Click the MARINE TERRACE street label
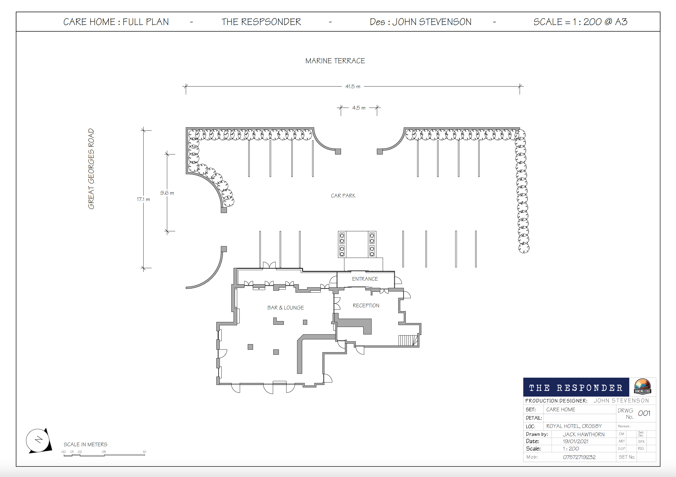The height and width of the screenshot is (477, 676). [335, 61]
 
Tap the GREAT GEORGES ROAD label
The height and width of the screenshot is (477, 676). [91, 169]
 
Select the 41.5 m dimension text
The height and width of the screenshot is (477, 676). [353, 87]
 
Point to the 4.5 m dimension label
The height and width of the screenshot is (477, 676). [359, 108]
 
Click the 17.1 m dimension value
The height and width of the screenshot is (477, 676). [143, 199]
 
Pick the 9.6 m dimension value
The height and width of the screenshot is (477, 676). [167, 193]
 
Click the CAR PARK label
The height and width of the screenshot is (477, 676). [343, 196]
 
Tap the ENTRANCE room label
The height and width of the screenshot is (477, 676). [365, 279]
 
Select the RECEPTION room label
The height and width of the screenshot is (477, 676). [366, 306]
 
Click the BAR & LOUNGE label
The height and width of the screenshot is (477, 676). [286, 308]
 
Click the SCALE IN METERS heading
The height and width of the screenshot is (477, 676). [85, 444]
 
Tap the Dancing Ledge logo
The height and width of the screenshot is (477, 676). [642, 386]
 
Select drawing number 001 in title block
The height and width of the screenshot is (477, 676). [644, 413]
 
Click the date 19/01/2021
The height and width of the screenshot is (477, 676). [576, 442]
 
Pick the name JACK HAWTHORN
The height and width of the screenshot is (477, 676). [584, 434]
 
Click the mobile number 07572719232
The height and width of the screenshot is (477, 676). [579, 457]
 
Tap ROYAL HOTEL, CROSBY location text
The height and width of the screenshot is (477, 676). [574, 426]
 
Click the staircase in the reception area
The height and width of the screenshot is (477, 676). [408, 340]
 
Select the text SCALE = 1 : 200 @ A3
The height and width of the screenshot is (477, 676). [580, 22]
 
